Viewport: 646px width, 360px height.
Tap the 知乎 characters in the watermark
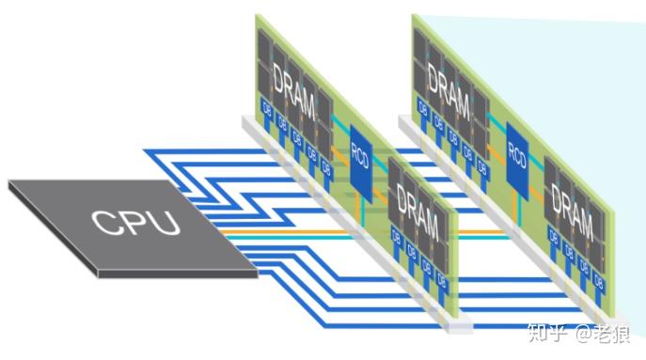tap(545, 333)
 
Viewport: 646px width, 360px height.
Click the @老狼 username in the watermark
tap(602, 333)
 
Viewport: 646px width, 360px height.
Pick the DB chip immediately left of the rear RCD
tap(482, 166)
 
